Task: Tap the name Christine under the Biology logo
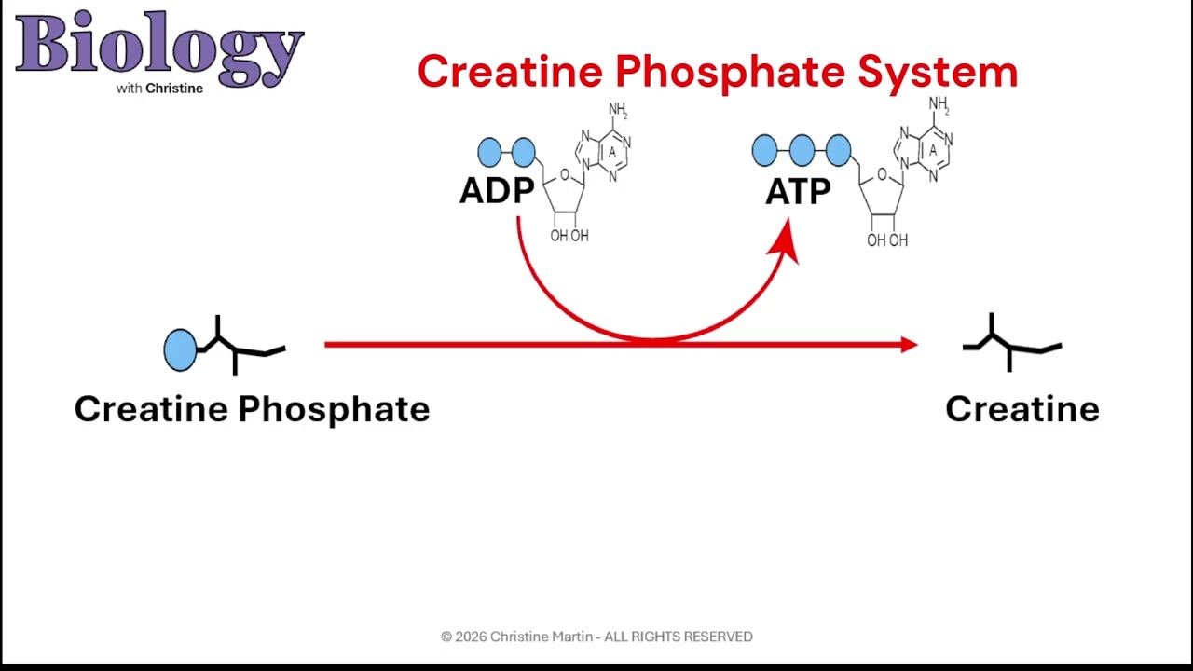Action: pos(174,89)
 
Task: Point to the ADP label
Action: pos(497,191)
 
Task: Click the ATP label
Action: pos(798,191)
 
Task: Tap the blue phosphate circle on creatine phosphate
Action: pos(180,349)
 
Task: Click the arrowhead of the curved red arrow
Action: pos(787,242)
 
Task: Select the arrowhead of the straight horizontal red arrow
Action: pos(908,345)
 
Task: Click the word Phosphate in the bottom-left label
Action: pos(334,409)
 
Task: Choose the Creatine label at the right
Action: pos(1022,409)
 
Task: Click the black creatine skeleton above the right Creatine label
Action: pos(1010,345)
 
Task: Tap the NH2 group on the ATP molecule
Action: pos(939,104)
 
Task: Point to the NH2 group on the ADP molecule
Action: pos(618,110)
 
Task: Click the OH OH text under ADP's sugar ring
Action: pos(569,236)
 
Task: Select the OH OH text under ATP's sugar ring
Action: pos(887,240)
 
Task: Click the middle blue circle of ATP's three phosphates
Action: pos(802,150)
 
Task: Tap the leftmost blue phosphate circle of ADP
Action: pos(489,152)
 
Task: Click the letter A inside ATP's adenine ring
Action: pos(932,150)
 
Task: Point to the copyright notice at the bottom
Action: pos(596,637)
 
